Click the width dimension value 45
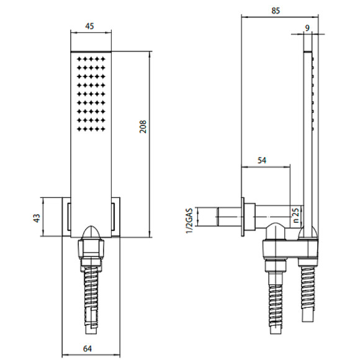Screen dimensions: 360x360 pos(91,26)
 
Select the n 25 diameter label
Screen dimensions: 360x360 pos(295,215)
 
